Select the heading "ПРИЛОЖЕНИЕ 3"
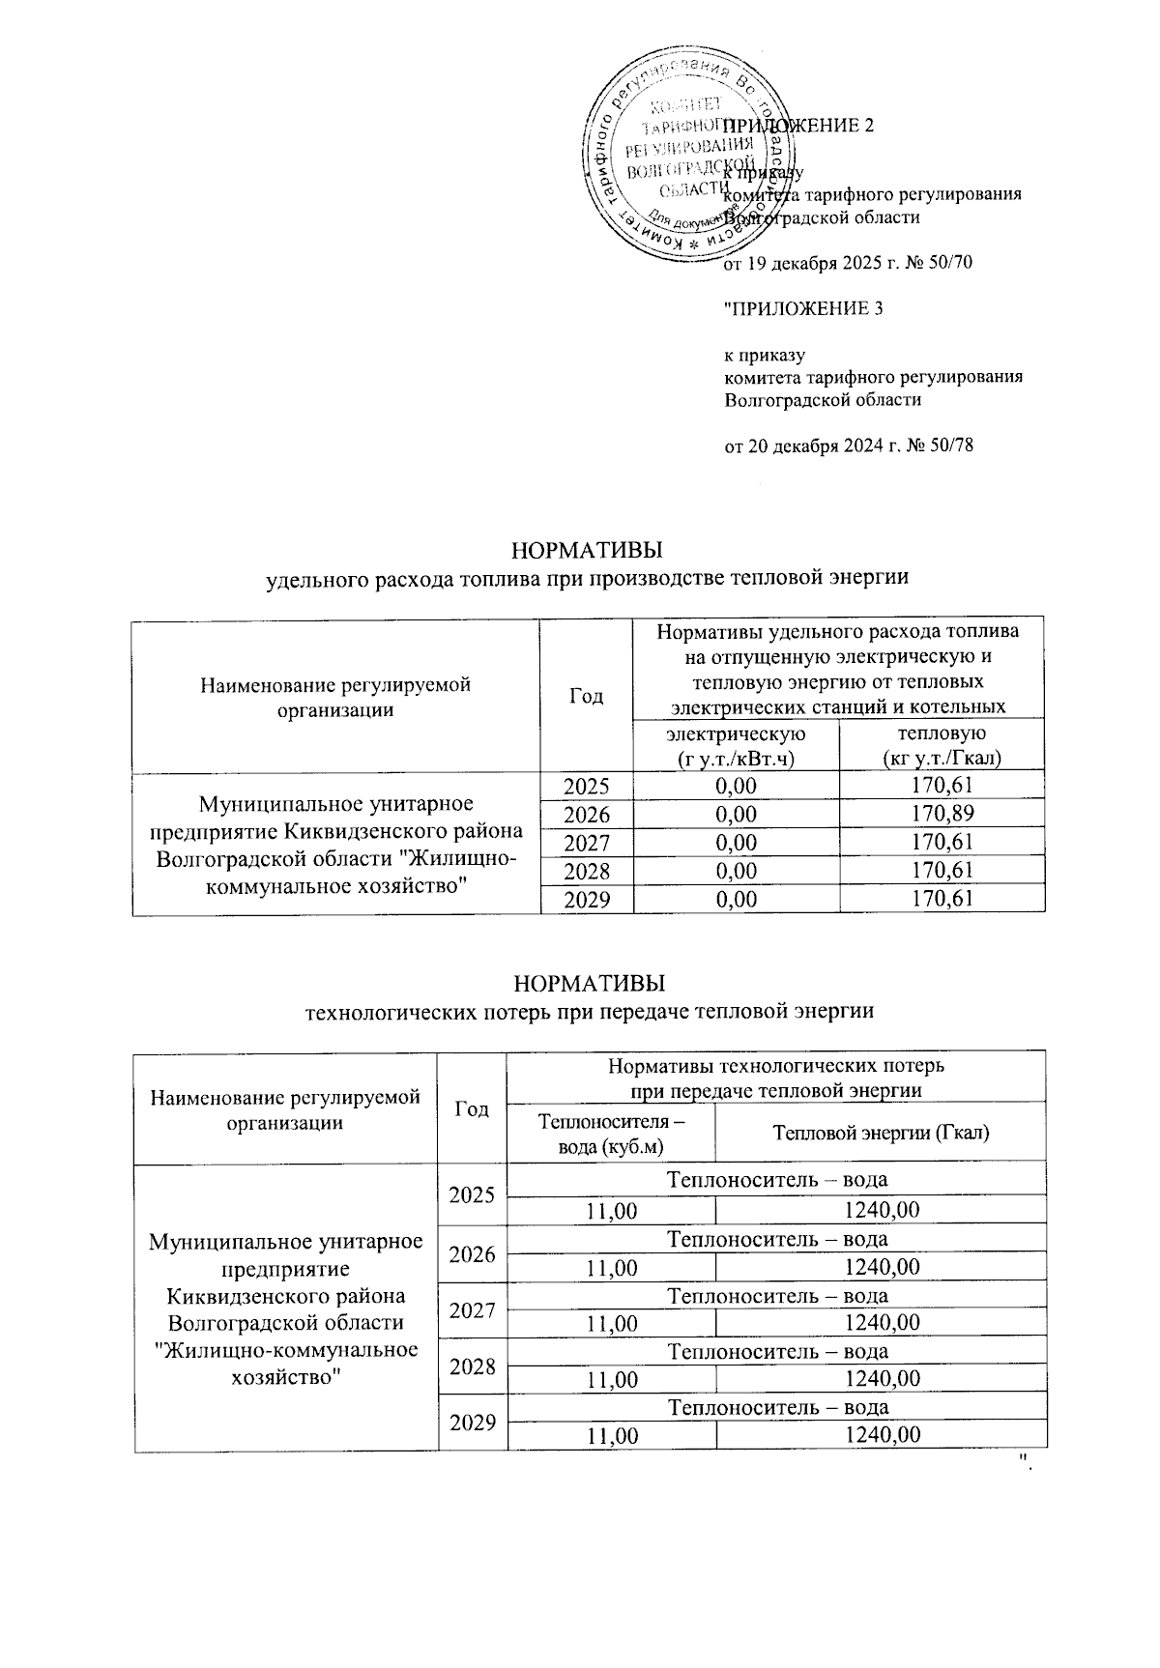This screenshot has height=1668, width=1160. click(x=804, y=309)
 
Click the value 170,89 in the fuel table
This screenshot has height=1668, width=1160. click(x=942, y=814)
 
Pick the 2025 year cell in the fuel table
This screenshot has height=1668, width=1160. click(x=587, y=786)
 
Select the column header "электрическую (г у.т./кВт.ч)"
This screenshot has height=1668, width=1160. click(x=736, y=747)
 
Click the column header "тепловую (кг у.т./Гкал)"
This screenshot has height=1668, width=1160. click(x=942, y=747)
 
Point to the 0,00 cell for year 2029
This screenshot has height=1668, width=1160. click(x=736, y=900)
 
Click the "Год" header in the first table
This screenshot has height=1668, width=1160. click(x=587, y=696)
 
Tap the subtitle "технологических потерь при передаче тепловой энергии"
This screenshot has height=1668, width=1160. click(x=590, y=1012)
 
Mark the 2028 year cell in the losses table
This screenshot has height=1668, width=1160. click(x=472, y=1366)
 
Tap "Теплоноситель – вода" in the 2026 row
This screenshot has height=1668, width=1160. click(x=777, y=1238)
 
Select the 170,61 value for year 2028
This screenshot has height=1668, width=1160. click(x=942, y=871)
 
